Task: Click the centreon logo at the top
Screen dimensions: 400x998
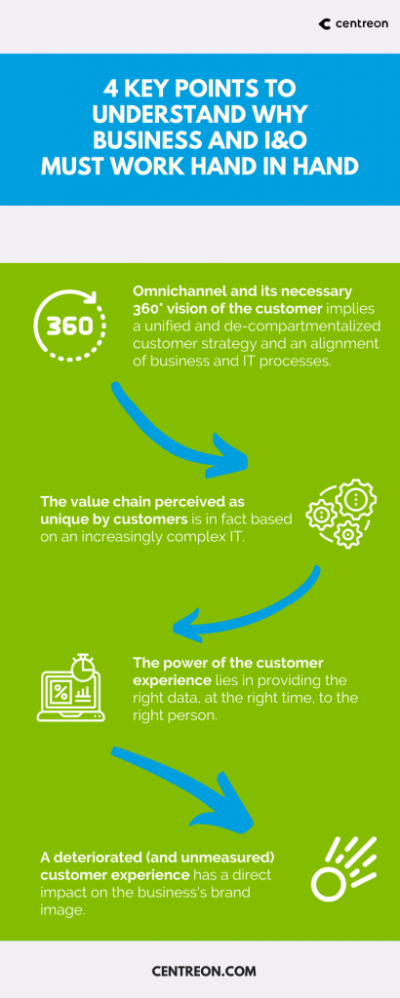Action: tap(352, 24)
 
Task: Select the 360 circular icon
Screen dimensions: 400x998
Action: tap(69, 326)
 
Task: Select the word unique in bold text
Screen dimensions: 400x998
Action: tap(62, 518)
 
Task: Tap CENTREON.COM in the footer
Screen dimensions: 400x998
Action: tap(204, 972)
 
